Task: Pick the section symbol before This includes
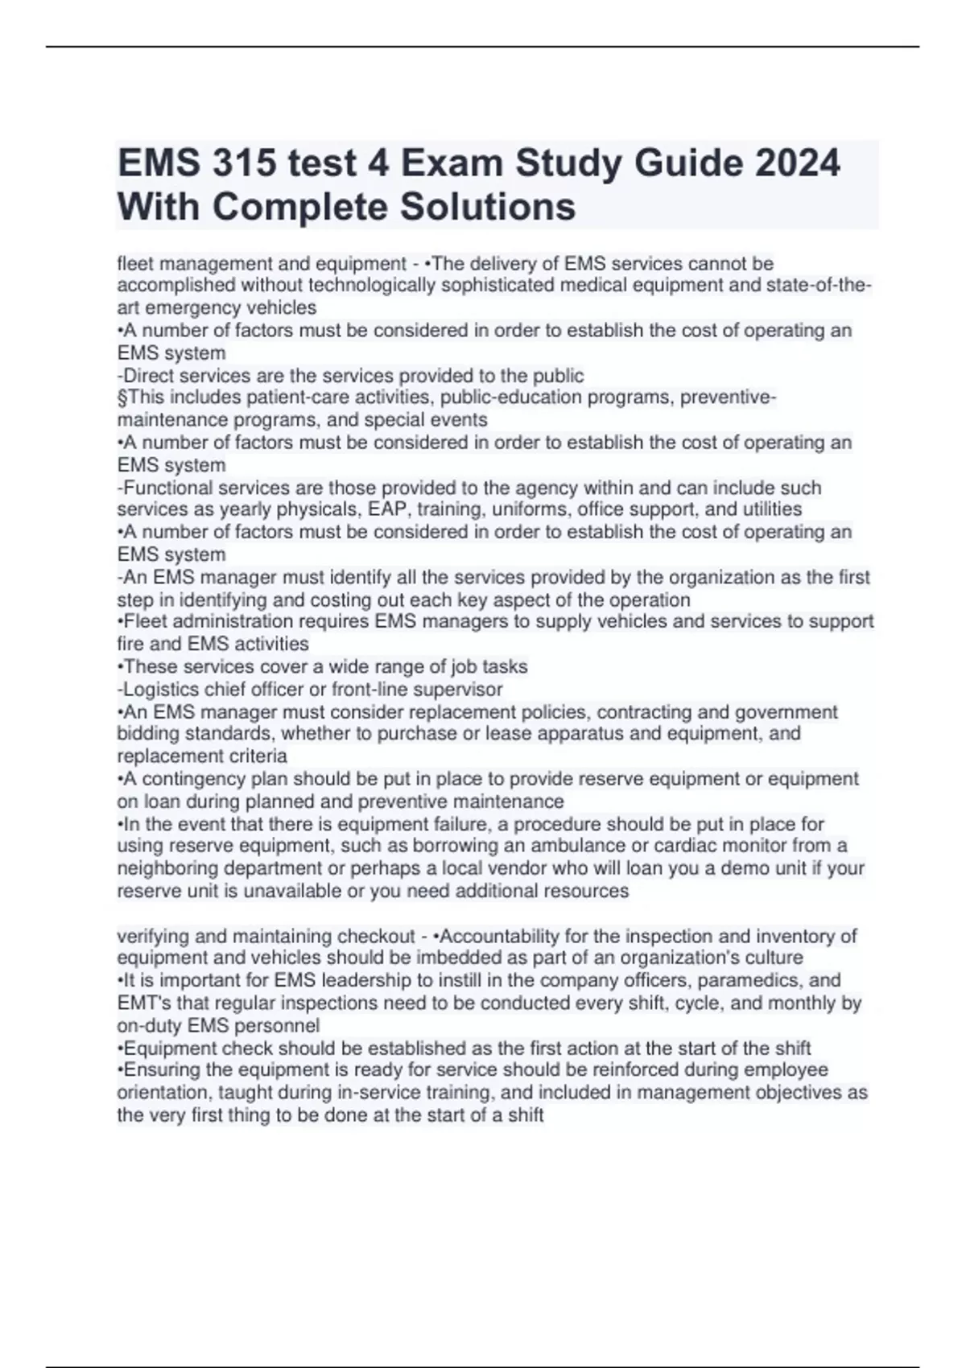(122, 398)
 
